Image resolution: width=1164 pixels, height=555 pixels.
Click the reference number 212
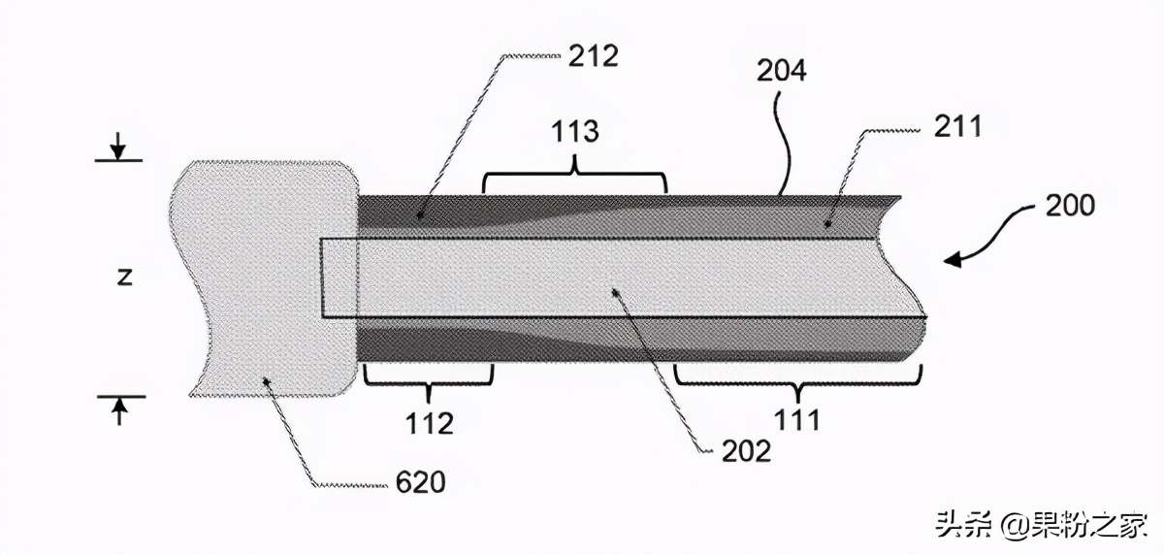point(593,56)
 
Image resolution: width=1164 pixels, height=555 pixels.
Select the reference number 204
point(781,71)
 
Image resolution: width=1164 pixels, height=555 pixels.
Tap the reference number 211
point(957,127)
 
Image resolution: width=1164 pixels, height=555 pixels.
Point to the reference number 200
point(1070,206)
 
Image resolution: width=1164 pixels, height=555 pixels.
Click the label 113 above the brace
point(574,132)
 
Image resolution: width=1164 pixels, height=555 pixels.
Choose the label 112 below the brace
point(429,423)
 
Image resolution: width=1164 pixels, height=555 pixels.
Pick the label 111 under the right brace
point(797,420)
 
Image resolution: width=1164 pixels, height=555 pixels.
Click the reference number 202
point(746,451)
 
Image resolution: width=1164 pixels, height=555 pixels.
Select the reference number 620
point(420,482)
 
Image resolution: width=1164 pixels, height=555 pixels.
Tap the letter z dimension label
point(124,277)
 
